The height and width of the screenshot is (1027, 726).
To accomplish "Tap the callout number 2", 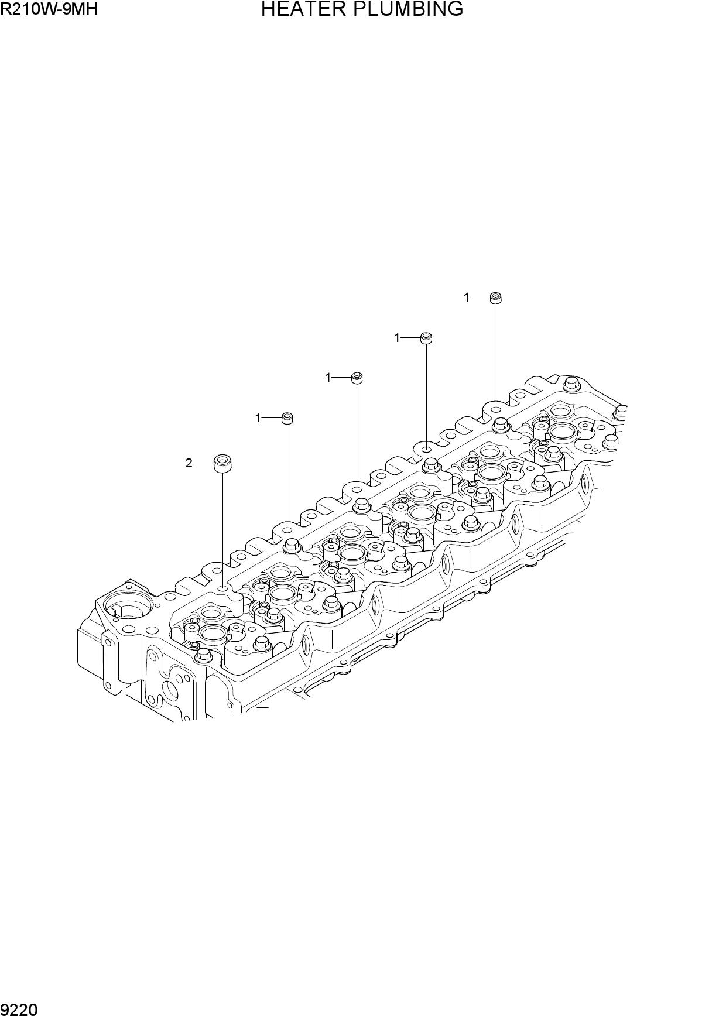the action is tap(189, 463).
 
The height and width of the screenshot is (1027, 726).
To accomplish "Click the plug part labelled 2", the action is tap(222, 464).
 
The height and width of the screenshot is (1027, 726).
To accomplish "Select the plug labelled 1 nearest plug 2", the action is tap(287, 418).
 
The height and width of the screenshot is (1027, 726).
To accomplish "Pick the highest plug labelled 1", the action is tap(495, 297).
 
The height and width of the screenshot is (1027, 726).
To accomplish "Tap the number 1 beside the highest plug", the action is tap(467, 297).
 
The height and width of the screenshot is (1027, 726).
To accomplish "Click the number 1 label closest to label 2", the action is tap(258, 418).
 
